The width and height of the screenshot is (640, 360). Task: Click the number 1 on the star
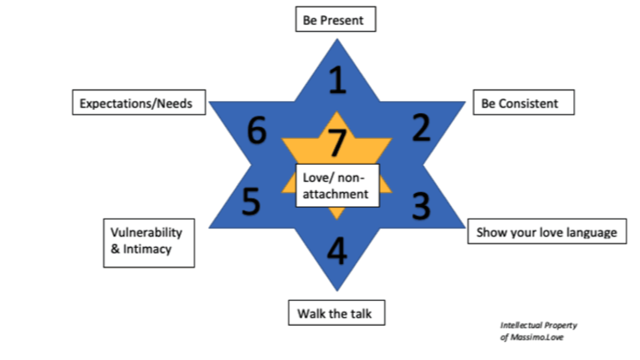337,80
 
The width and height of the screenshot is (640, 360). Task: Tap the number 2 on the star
421,127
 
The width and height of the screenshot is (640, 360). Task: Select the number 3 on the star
421,205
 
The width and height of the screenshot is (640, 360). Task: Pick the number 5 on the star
251,201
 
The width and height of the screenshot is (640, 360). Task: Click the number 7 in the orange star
336,143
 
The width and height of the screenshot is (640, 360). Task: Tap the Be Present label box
335,19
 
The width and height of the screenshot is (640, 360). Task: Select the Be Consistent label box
523,102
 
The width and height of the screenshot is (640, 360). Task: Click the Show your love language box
546,231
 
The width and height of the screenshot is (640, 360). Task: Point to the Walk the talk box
336,313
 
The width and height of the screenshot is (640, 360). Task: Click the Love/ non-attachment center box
337,185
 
